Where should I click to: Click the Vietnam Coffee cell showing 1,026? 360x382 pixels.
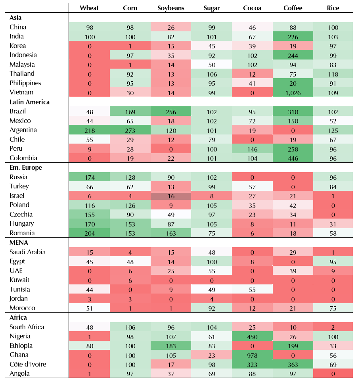pyautogui.click(x=293, y=92)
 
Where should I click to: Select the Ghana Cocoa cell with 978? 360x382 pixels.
pyautogui.click(x=252, y=355)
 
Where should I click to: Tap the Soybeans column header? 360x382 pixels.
pyautogui.click(x=171, y=8)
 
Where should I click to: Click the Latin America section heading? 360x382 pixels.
pyautogui.click(x=30, y=102)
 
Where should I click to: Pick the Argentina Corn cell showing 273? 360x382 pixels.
pyautogui.click(x=130, y=130)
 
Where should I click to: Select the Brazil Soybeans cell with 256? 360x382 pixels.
pyautogui.click(x=171, y=111)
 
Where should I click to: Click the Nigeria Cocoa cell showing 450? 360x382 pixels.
pyautogui.click(x=252, y=336)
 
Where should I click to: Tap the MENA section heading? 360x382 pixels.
pyautogui.click(x=19, y=242)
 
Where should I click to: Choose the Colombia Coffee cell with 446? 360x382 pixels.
pyautogui.click(x=293, y=158)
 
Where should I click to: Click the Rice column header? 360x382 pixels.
pyautogui.click(x=333, y=8)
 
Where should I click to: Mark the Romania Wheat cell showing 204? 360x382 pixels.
pyautogui.click(x=89, y=233)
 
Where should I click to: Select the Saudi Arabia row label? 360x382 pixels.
pyautogui.click(x=28, y=252)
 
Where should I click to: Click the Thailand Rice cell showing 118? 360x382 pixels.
pyautogui.click(x=333, y=74)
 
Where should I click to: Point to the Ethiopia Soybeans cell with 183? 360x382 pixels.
pyautogui.click(x=171, y=346)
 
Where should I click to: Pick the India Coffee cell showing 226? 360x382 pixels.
pyautogui.click(x=293, y=36)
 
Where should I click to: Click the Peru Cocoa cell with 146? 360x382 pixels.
pyautogui.click(x=252, y=149)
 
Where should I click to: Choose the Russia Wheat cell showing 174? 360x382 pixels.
pyautogui.click(x=89, y=177)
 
